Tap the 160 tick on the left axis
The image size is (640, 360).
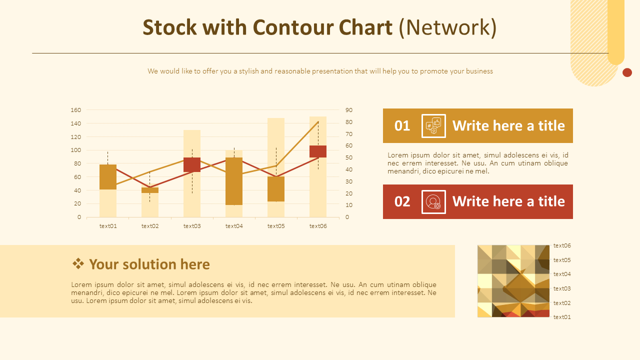(x=75, y=110)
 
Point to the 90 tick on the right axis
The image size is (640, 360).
(x=349, y=110)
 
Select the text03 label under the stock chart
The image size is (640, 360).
(x=192, y=226)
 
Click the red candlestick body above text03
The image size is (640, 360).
(x=192, y=164)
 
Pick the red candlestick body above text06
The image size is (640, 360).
(x=318, y=151)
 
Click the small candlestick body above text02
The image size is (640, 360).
(x=150, y=190)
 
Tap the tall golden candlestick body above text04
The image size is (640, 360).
(x=234, y=181)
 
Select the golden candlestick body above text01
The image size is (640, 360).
(x=108, y=177)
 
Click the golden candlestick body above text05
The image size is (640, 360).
(x=276, y=189)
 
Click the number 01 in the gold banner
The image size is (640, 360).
(x=402, y=125)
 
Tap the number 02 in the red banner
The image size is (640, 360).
(x=402, y=201)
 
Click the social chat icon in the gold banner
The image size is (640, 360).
(x=433, y=125)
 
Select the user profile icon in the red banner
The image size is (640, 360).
(x=433, y=201)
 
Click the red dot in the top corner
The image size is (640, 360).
(x=627, y=72)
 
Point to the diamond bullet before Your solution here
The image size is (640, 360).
(x=78, y=263)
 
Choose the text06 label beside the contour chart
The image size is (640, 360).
(x=562, y=245)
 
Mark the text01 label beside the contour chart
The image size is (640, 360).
(x=562, y=317)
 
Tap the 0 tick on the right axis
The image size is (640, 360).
(x=347, y=217)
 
